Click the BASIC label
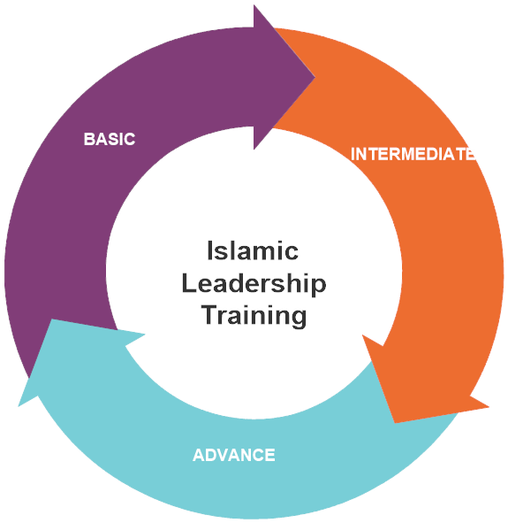click(110, 139)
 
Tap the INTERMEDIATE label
click(413, 154)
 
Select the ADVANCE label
click(234, 455)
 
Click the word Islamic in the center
click(253, 250)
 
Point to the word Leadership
click(254, 284)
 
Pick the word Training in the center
click(254, 315)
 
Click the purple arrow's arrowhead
click(284, 77)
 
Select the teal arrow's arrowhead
click(66, 354)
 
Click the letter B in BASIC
click(89, 139)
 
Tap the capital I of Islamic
click(209, 250)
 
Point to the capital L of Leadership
click(189, 283)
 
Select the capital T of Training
click(210, 314)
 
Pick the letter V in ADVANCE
click(227, 455)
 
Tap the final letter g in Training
click(299, 319)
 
